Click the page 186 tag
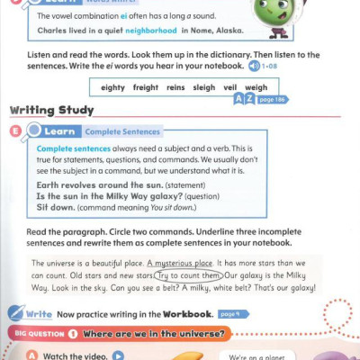274,99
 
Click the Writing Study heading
51,111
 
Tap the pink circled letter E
16,131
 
